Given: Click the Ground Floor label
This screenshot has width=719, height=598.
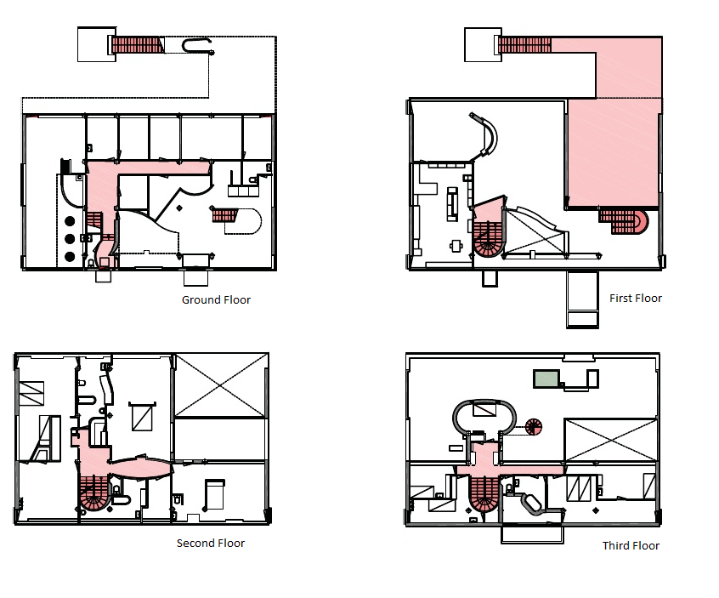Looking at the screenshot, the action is [x=216, y=299].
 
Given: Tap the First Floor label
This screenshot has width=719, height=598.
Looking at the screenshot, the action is [x=636, y=299].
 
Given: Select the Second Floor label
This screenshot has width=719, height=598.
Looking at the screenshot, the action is [x=211, y=543].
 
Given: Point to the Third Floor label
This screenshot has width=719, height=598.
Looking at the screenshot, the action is [x=631, y=545].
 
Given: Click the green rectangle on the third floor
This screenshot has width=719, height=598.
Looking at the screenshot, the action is [x=546, y=379].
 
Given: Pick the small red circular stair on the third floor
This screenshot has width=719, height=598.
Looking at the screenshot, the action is [x=533, y=427].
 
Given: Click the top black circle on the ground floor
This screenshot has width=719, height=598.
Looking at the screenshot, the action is [x=70, y=222].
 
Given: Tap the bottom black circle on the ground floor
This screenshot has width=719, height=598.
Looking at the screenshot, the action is [x=70, y=256].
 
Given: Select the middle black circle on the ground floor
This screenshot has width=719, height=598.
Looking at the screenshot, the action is [x=70, y=239].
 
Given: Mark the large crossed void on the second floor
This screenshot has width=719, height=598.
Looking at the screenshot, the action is [x=221, y=385].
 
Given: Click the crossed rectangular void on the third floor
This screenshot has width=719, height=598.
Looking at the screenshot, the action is [x=610, y=440].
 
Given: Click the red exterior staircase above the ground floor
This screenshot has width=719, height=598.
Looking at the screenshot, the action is [x=137, y=45].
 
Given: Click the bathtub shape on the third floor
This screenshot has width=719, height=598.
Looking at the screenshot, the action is [x=532, y=504].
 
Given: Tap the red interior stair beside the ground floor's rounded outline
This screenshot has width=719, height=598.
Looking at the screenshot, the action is [x=224, y=214].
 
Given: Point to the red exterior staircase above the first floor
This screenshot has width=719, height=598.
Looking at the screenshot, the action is [x=524, y=45].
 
